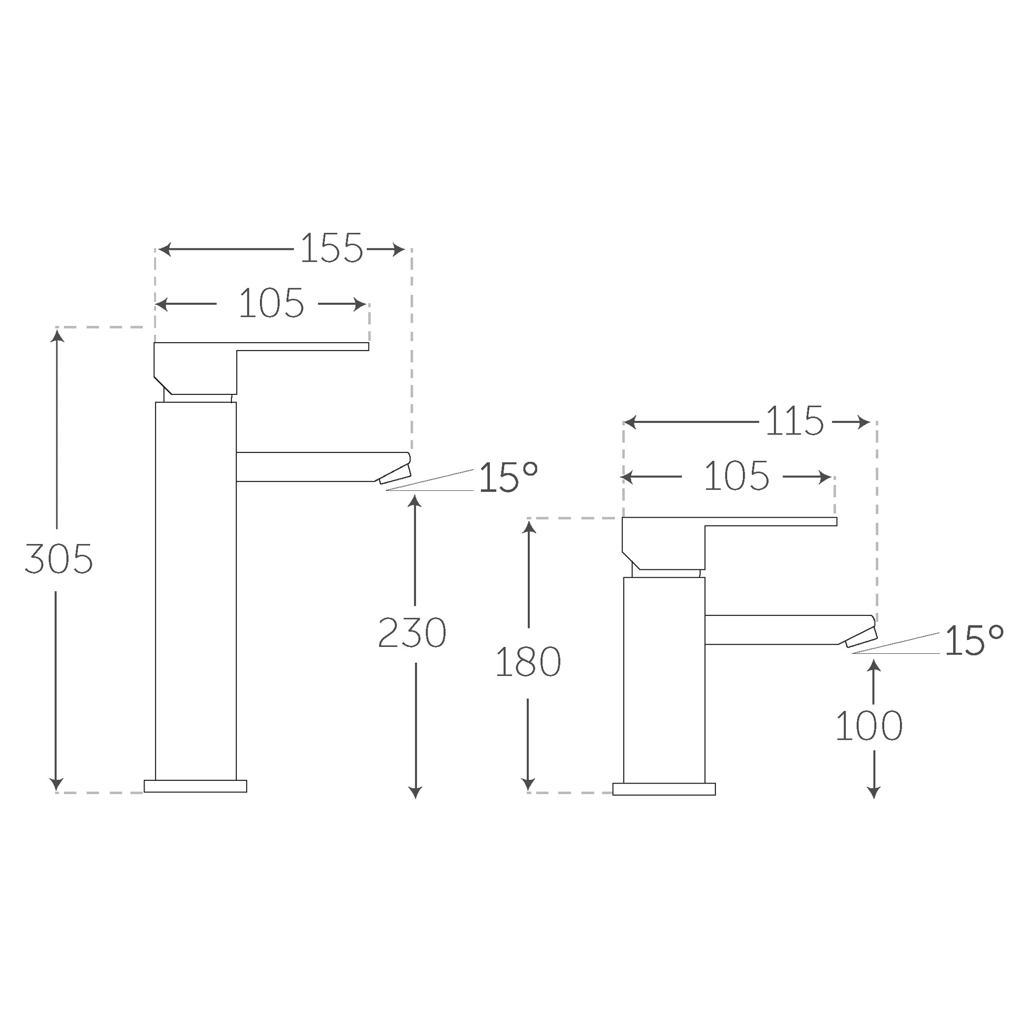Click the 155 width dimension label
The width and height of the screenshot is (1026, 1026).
tap(332, 248)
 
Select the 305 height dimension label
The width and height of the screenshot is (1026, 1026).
tap(59, 559)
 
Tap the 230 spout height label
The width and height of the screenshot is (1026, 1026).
tap(412, 633)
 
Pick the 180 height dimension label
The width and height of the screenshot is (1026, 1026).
tap(528, 662)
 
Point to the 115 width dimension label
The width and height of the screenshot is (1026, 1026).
tap(795, 422)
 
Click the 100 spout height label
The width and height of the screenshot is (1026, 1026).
tap(869, 726)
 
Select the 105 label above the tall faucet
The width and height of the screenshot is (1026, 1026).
tap(272, 304)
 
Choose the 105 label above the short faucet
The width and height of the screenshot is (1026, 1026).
tap(737, 477)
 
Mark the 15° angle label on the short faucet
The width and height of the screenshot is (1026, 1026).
tap(974, 640)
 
